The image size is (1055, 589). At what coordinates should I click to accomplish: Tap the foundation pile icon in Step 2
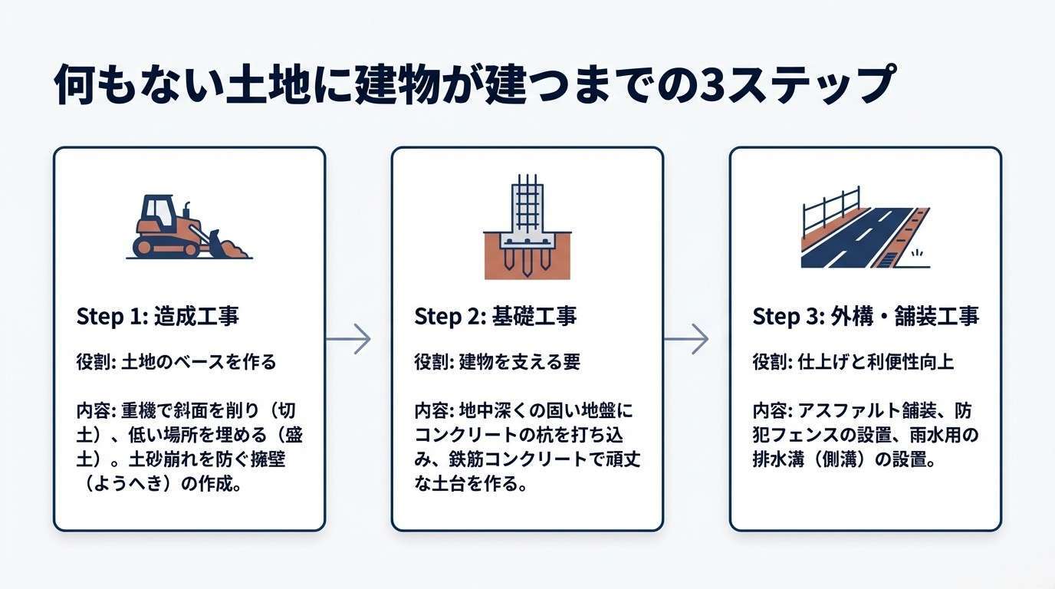[x=527, y=230]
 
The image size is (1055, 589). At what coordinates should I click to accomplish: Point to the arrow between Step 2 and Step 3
[x=685, y=339]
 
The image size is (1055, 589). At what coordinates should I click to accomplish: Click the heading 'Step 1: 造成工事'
[x=158, y=316]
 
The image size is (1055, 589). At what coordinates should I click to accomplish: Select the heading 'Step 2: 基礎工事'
[x=495, y=316]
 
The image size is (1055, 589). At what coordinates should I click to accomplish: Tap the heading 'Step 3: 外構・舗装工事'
[x=866, y=316]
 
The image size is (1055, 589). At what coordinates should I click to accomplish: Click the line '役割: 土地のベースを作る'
[x=176, y=361]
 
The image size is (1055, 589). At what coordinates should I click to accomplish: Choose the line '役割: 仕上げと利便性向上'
[x=853, y=361]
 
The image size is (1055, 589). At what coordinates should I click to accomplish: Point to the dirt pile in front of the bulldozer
[x=236, y=249]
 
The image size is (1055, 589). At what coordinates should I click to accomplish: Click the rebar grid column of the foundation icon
[x=527, y=205]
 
